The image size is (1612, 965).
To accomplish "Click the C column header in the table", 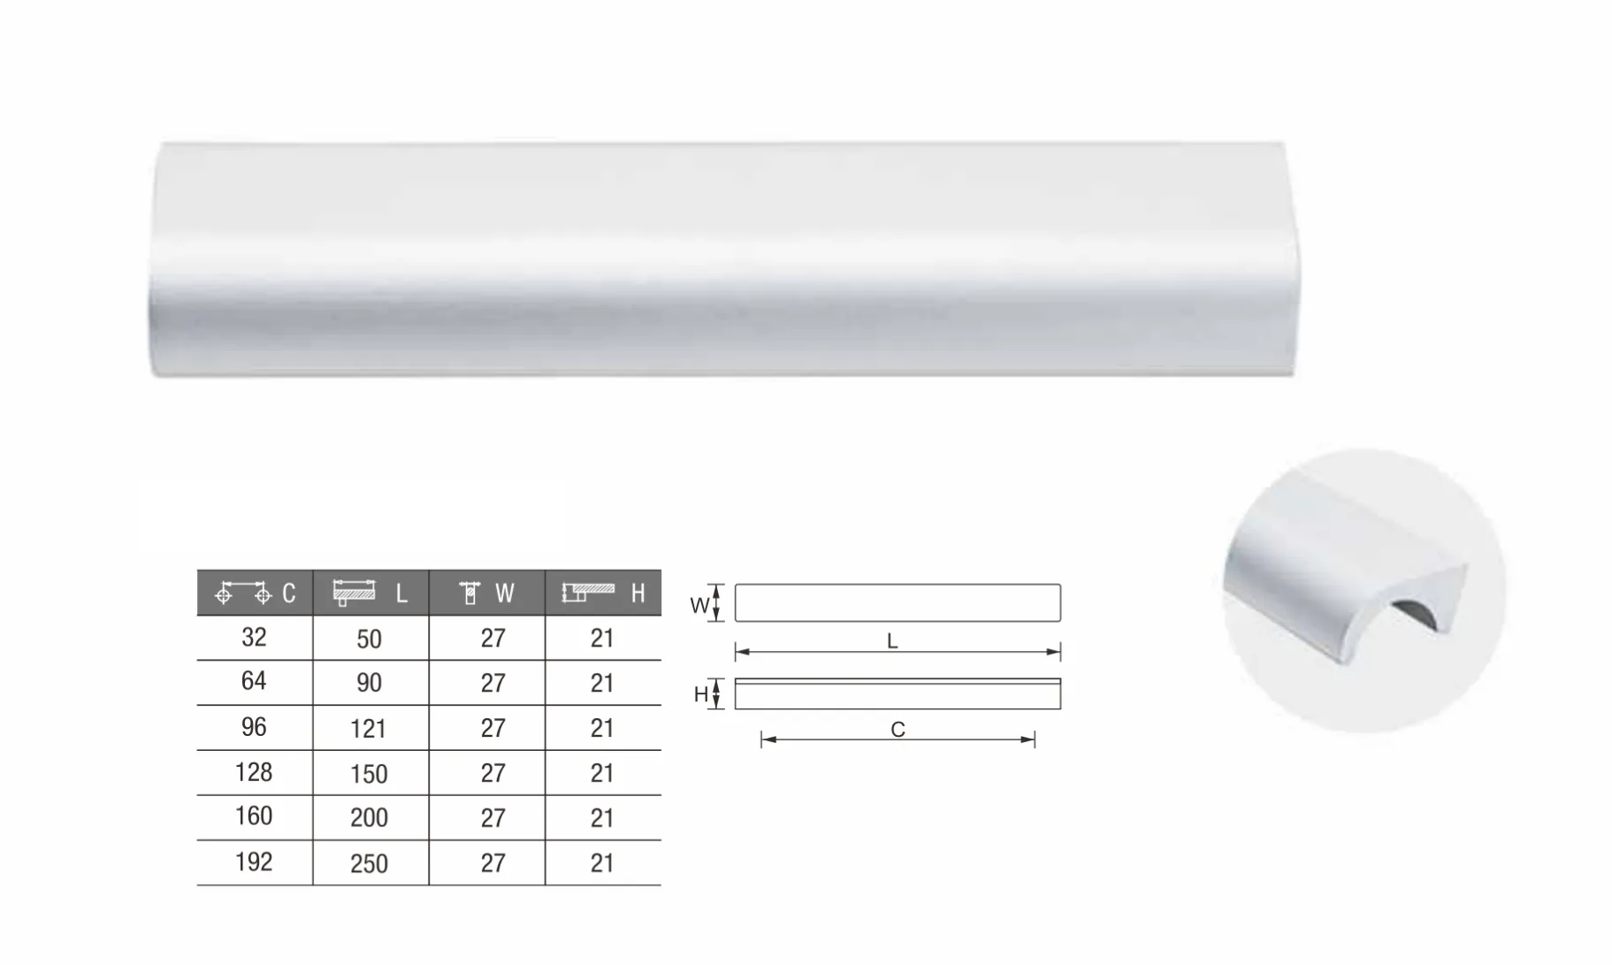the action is (255, 593).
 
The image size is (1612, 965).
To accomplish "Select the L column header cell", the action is (371, 593).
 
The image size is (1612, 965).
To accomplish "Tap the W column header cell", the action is (487, 593).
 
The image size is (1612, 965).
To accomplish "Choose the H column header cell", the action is (603, 593).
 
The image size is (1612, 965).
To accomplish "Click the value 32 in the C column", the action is (254, 637).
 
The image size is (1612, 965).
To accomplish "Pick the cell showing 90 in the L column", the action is (369, 683).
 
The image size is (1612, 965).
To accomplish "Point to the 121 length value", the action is (369, 729).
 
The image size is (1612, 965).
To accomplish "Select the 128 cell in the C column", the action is (254, 772).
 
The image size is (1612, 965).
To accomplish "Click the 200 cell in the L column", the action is (369, 818).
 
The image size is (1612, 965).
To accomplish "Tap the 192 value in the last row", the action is (254, 862).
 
